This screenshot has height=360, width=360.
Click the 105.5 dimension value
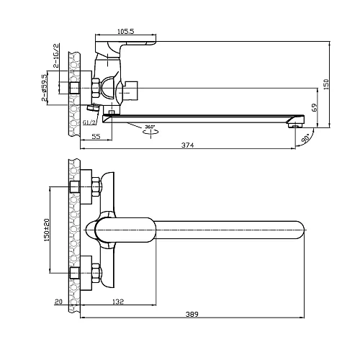click(x=125, y=32)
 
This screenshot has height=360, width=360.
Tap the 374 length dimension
click(x=187, y=145)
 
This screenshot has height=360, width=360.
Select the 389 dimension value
click(x=192, y=314)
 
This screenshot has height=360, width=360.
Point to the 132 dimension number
click(x=118, y=302)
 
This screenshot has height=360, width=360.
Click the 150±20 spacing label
click(x=47, y=230)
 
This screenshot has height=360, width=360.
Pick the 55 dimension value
click(x=96, y=136)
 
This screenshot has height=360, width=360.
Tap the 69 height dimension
click(x=315, y=107)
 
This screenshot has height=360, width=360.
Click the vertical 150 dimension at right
click(x=326, y=84)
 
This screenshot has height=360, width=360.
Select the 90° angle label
click(x=305, y=139)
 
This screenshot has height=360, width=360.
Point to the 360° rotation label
click(x=150, y=127)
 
